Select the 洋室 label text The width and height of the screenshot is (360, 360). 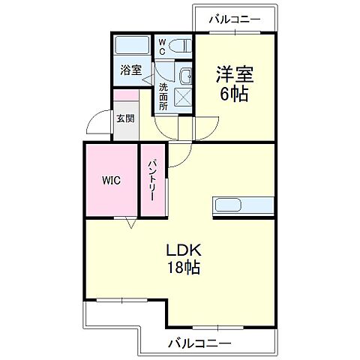234,75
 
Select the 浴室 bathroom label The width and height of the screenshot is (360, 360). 130,70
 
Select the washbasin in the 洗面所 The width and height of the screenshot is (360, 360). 184,76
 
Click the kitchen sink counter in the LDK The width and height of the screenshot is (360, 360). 242,205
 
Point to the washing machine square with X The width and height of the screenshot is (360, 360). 182,97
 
